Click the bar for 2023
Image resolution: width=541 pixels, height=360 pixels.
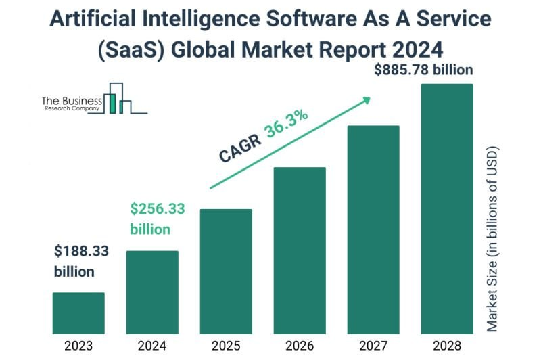click(78, 313)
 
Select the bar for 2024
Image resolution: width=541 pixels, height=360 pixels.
click(152, 292)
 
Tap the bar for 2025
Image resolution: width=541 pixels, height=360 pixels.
click(226, 271)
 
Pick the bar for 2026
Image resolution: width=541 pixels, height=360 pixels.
click(300, 250)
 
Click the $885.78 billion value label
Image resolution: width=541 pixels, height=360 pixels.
click(424, 70)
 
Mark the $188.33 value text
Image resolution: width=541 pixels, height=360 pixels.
click(81, 252)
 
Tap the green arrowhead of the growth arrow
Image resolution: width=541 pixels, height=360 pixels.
click(366, 100)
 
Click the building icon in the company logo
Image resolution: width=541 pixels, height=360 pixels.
click(117, 98)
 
